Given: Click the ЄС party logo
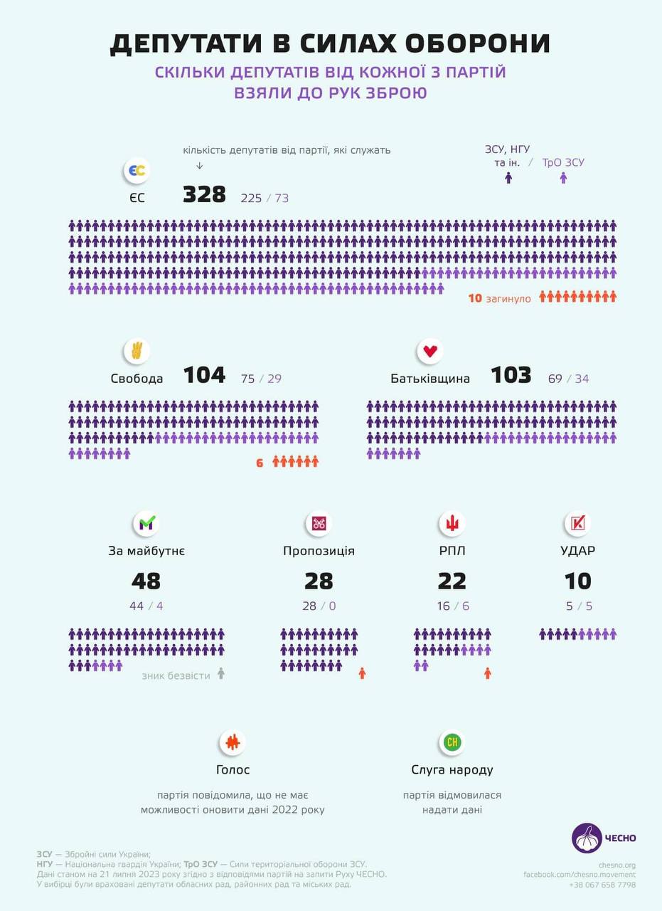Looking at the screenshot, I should tap(137, 172).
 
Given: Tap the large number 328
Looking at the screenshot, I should tap(204, 194).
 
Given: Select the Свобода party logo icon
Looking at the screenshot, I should tap(137, 351).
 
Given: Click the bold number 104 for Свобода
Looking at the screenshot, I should tap(204, 375).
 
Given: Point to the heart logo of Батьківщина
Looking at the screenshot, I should tap(430, 351).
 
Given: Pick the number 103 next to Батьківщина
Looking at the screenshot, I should tap(511, 375).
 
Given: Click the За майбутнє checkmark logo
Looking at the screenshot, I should tap(146, 524).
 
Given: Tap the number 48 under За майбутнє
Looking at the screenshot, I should tap(146, 581).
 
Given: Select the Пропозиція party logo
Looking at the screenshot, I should tap(319, 524).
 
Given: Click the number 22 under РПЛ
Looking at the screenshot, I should tap(452, 581).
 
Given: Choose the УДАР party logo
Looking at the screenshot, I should tap(577, 524).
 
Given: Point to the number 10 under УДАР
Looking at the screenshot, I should tap(577, 581).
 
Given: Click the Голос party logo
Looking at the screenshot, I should tap(233, 743).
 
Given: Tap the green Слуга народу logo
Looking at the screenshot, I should tap(452, 743).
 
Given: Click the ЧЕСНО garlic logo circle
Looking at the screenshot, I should tap(587, 838).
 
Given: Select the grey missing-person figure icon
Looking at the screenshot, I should tap(221, 673).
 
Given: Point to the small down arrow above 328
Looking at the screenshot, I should tap(199, 166).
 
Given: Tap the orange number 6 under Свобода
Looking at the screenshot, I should tap(260, 463).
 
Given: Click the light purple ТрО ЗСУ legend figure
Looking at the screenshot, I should tap(563, 178).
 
